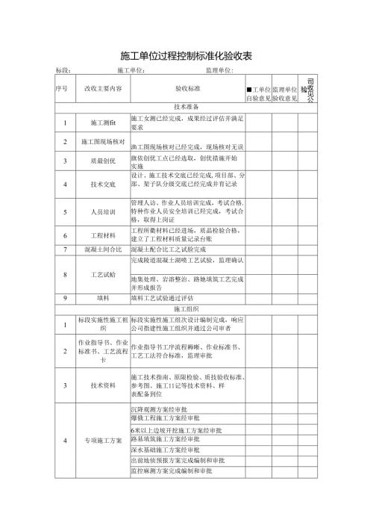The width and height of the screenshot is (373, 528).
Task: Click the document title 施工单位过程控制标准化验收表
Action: click(186, 56)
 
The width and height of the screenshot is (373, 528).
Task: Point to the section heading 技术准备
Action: click(186, 107)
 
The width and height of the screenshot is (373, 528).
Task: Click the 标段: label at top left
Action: click(63, 70)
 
